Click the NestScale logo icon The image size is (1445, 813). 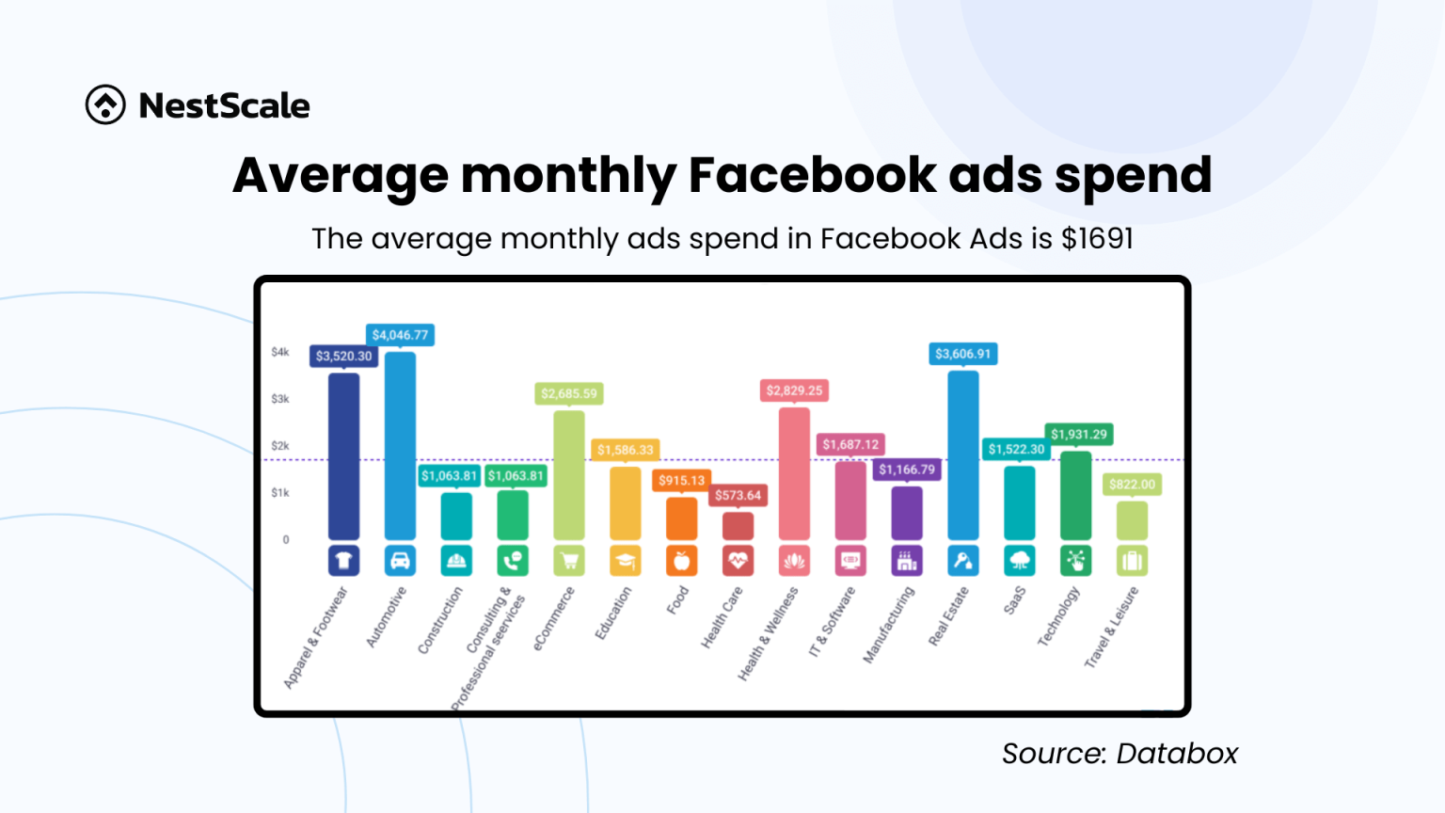point(105,104)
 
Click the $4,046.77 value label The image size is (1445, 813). point(400,335)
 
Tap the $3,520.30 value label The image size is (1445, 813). point(343,356)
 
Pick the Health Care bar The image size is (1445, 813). point(738,526)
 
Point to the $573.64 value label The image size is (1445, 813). point(738,495)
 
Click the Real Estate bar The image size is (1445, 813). point(962,455)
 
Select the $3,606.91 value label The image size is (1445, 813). point(962,354)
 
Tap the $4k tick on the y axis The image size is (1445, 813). point(280,352)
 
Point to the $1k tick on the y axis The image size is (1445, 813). point(280,493)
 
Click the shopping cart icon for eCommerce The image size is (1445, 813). point(569,561)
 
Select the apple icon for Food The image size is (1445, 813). point(681,561)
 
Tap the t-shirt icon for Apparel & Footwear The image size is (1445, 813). point(343,561)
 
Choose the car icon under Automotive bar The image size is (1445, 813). point(400,561)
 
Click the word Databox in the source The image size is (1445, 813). point(1177,754)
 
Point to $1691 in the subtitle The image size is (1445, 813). point(1097,239)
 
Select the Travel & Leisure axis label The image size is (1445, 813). point(1112,627)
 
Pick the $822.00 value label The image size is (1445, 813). point(1132,485)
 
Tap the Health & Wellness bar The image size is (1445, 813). point(794,473)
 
